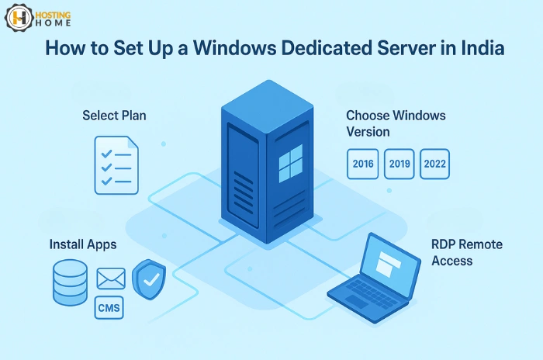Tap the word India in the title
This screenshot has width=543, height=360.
click(479, 49)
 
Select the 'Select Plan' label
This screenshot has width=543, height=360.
click(114, 116)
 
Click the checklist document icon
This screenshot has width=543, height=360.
click(116, 164)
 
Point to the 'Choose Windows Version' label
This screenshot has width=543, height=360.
click(396, 123)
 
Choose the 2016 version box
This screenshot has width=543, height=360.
click(362, 164)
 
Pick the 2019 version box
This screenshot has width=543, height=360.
click(399, 164)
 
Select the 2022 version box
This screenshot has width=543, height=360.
click(434, 164)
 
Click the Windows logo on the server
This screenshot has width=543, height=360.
click(290, 164)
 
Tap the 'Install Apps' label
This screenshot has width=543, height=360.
click(83, 244)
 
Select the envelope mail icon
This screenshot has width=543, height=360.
click(111, 279)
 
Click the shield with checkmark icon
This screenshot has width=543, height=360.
click(148, 279)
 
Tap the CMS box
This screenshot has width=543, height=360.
click(108, 309)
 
